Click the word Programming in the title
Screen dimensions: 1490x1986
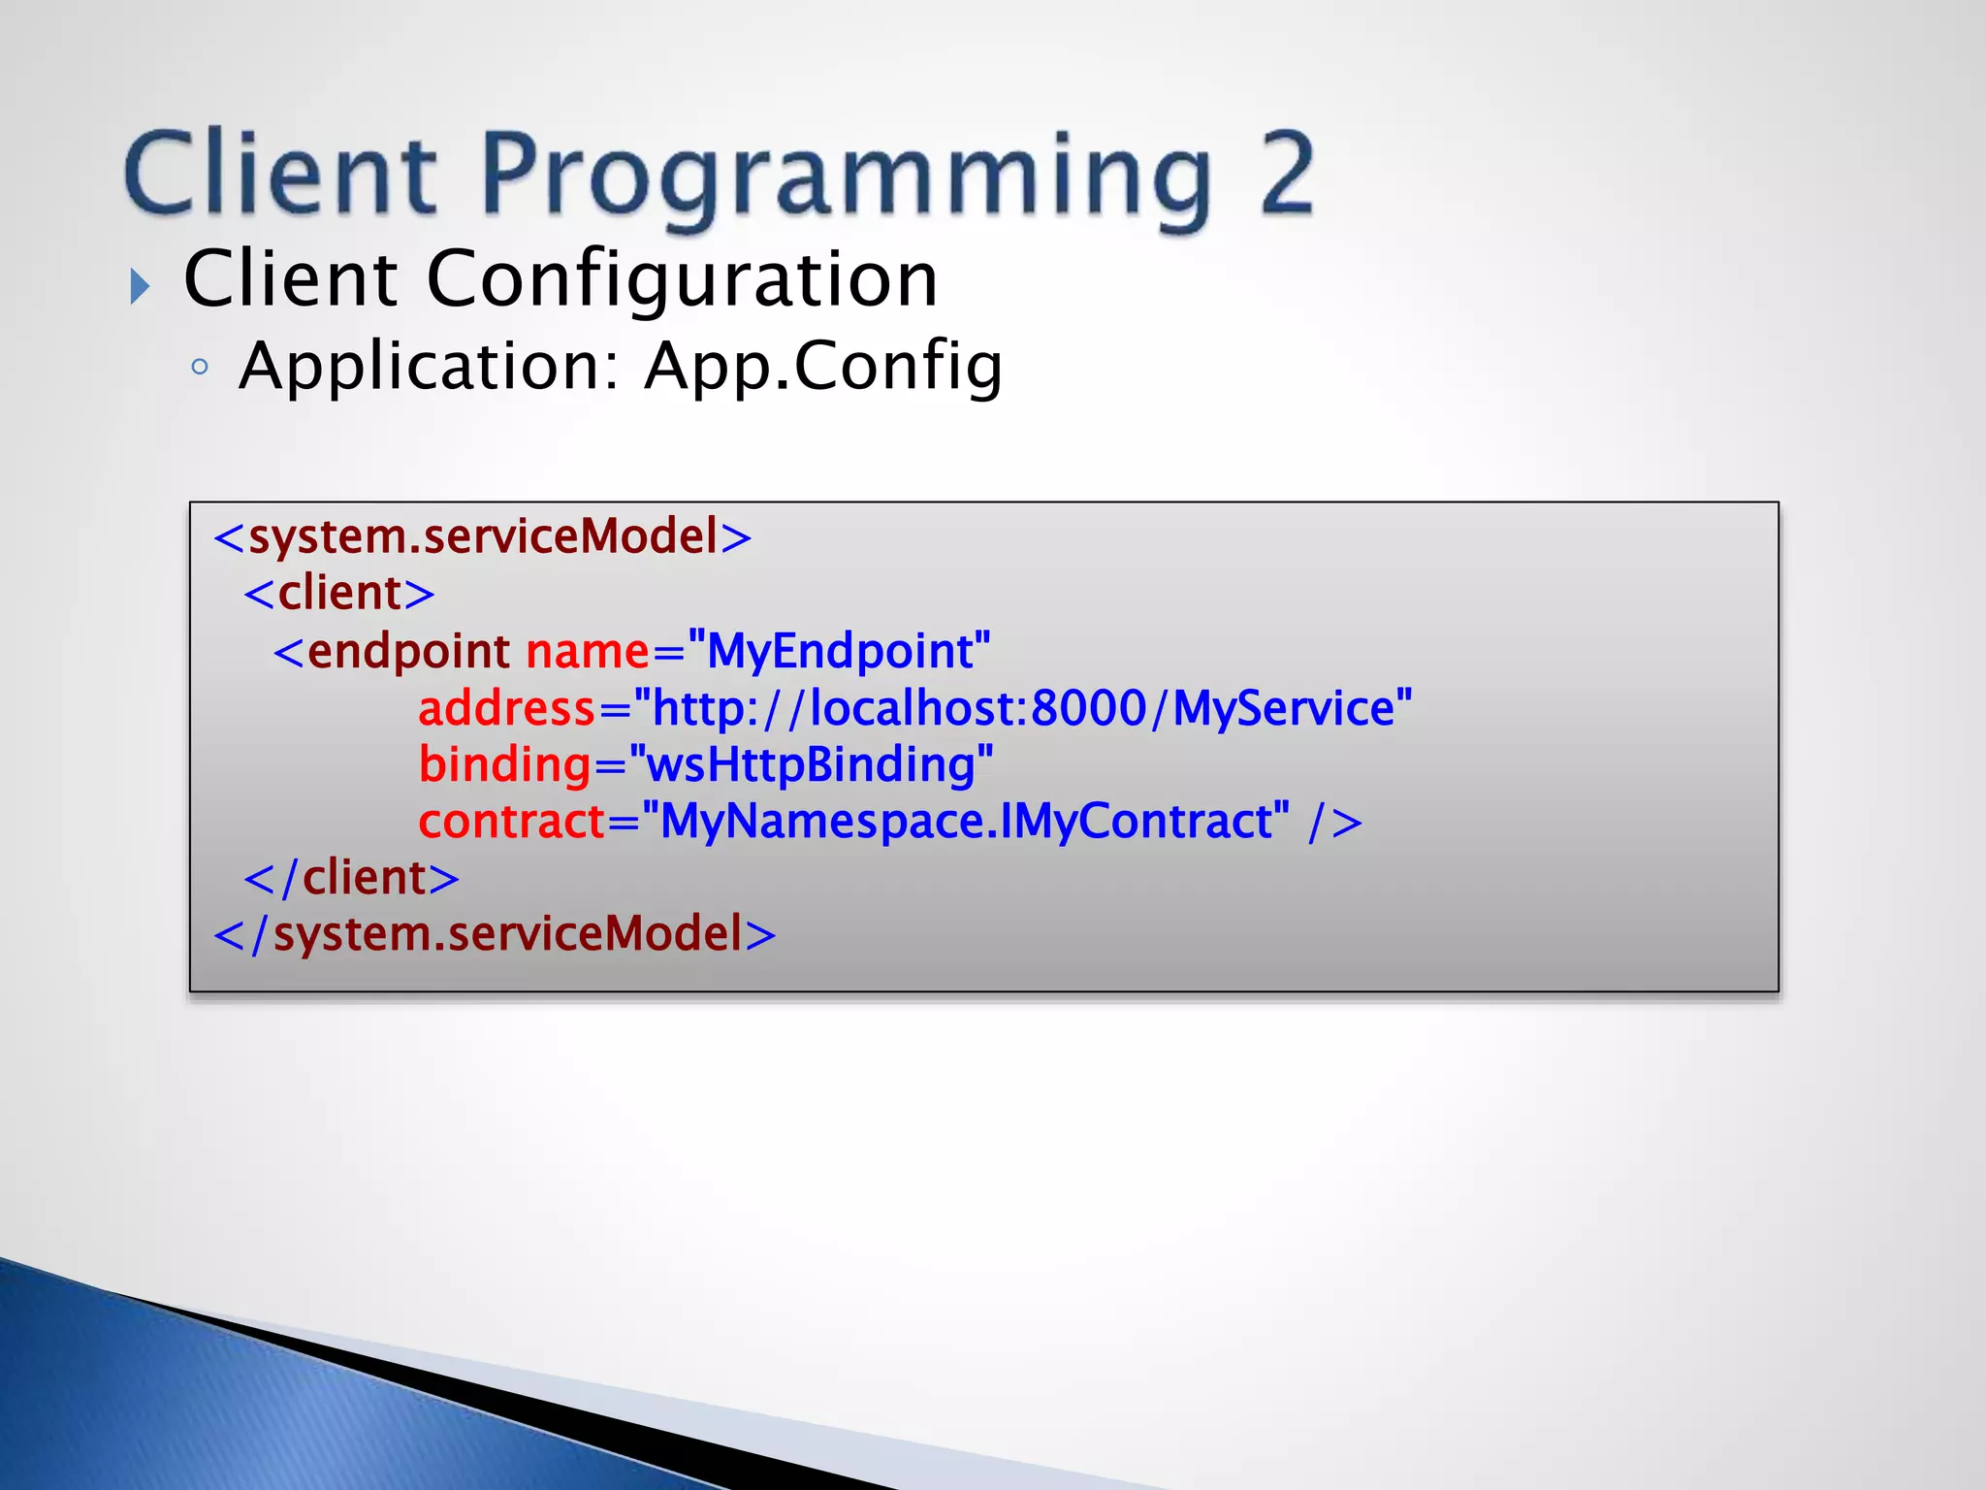(845, 176)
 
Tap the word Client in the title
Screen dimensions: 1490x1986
(281, 174)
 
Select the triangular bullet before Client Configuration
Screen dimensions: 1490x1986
(141, 286)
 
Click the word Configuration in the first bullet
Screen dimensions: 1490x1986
(682, 279)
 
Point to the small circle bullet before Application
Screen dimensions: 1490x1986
(200, 367)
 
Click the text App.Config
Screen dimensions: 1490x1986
(823, 367)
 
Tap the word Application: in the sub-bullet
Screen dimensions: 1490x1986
(429, 367)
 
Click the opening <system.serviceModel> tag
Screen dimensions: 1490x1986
(482, 536)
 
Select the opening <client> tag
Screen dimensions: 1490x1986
(339, 593)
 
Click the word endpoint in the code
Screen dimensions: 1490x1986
(408, 651)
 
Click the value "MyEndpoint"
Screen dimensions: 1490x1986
(840, 651)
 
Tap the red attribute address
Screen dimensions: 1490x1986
(506, 708)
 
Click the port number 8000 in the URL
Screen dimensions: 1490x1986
(1088, 708)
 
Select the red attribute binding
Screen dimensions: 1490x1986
(504, 764)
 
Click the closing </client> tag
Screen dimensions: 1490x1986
(351, 878)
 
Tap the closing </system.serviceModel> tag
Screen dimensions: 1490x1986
(495, 934)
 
